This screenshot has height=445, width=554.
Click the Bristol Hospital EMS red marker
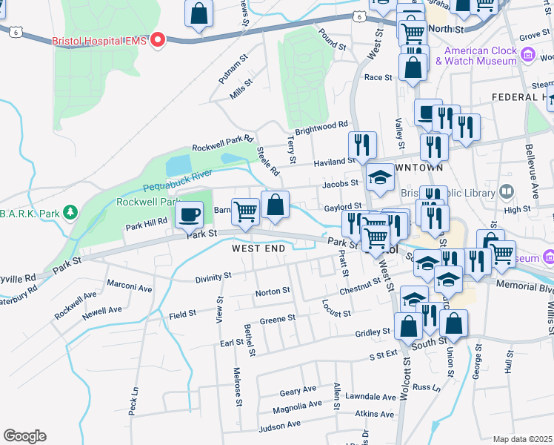158,39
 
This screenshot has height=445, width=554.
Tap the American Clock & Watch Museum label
480,56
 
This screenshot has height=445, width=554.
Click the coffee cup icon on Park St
188,214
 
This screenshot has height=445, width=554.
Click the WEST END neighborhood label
258,248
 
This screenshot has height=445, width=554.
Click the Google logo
24,436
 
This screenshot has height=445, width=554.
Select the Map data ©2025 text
522,439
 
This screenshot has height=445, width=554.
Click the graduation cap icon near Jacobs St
379,177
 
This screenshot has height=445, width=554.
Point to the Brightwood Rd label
321,128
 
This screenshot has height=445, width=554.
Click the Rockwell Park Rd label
223,142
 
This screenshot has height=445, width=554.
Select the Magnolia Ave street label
297,406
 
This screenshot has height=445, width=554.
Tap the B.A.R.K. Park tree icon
70,214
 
